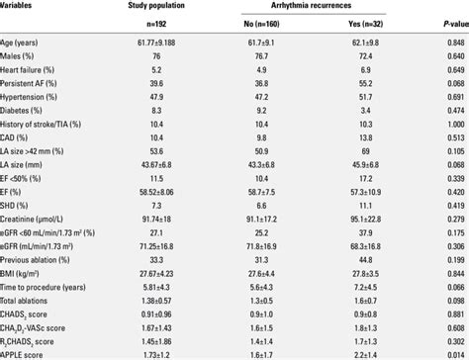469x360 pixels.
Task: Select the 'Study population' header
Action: coord(185,6)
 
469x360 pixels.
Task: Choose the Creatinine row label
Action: coord(39,226)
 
